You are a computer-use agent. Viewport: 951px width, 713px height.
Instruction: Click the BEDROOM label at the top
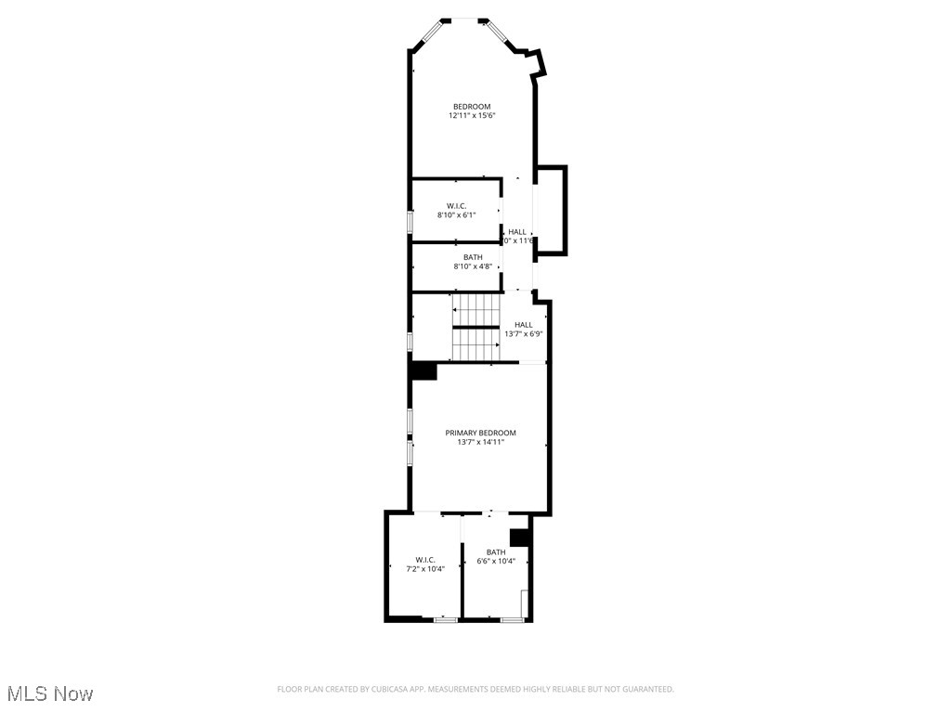[471, 107]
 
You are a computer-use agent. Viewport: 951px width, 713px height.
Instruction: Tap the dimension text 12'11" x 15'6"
[471, 116]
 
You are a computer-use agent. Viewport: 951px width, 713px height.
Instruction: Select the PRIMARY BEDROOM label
[480, 433]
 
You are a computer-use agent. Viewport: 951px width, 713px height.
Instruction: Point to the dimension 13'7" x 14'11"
[480, 443]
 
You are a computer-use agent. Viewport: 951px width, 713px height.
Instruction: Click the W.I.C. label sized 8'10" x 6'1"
[456, 205]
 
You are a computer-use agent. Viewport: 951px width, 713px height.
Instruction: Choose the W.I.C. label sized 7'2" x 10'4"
[425, 559]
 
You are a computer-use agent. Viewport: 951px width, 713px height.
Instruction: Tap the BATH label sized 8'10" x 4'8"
[473, 257]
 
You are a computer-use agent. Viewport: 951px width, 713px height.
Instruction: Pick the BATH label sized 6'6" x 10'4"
[496, 551]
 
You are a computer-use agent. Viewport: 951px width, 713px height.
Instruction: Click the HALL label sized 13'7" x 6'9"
[523, 324]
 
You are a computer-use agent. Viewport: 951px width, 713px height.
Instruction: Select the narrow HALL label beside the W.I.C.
[517, 231]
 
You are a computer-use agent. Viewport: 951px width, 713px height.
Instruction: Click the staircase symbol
[475, 327]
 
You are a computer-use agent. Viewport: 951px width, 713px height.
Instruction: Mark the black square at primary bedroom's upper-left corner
[424, 370]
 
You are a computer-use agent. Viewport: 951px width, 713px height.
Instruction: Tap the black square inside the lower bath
[519, 537]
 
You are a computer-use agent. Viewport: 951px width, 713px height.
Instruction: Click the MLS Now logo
[49, 694]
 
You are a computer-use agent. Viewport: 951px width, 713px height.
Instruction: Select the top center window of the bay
[464, 19]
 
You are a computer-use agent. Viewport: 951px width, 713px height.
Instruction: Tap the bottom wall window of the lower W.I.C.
[446, 619]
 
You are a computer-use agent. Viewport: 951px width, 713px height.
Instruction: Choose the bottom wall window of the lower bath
[512, 619]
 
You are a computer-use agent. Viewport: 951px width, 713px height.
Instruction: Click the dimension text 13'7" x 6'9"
[523, 334]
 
